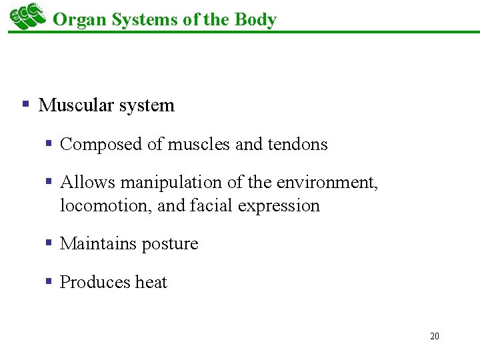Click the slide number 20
click(435, 336)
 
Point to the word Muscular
click(74, 105)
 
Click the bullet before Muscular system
click(26, 104)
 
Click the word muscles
click(199, 144)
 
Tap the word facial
click(207, 205)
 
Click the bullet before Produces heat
click(49, 281)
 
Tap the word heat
click(151, 283)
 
